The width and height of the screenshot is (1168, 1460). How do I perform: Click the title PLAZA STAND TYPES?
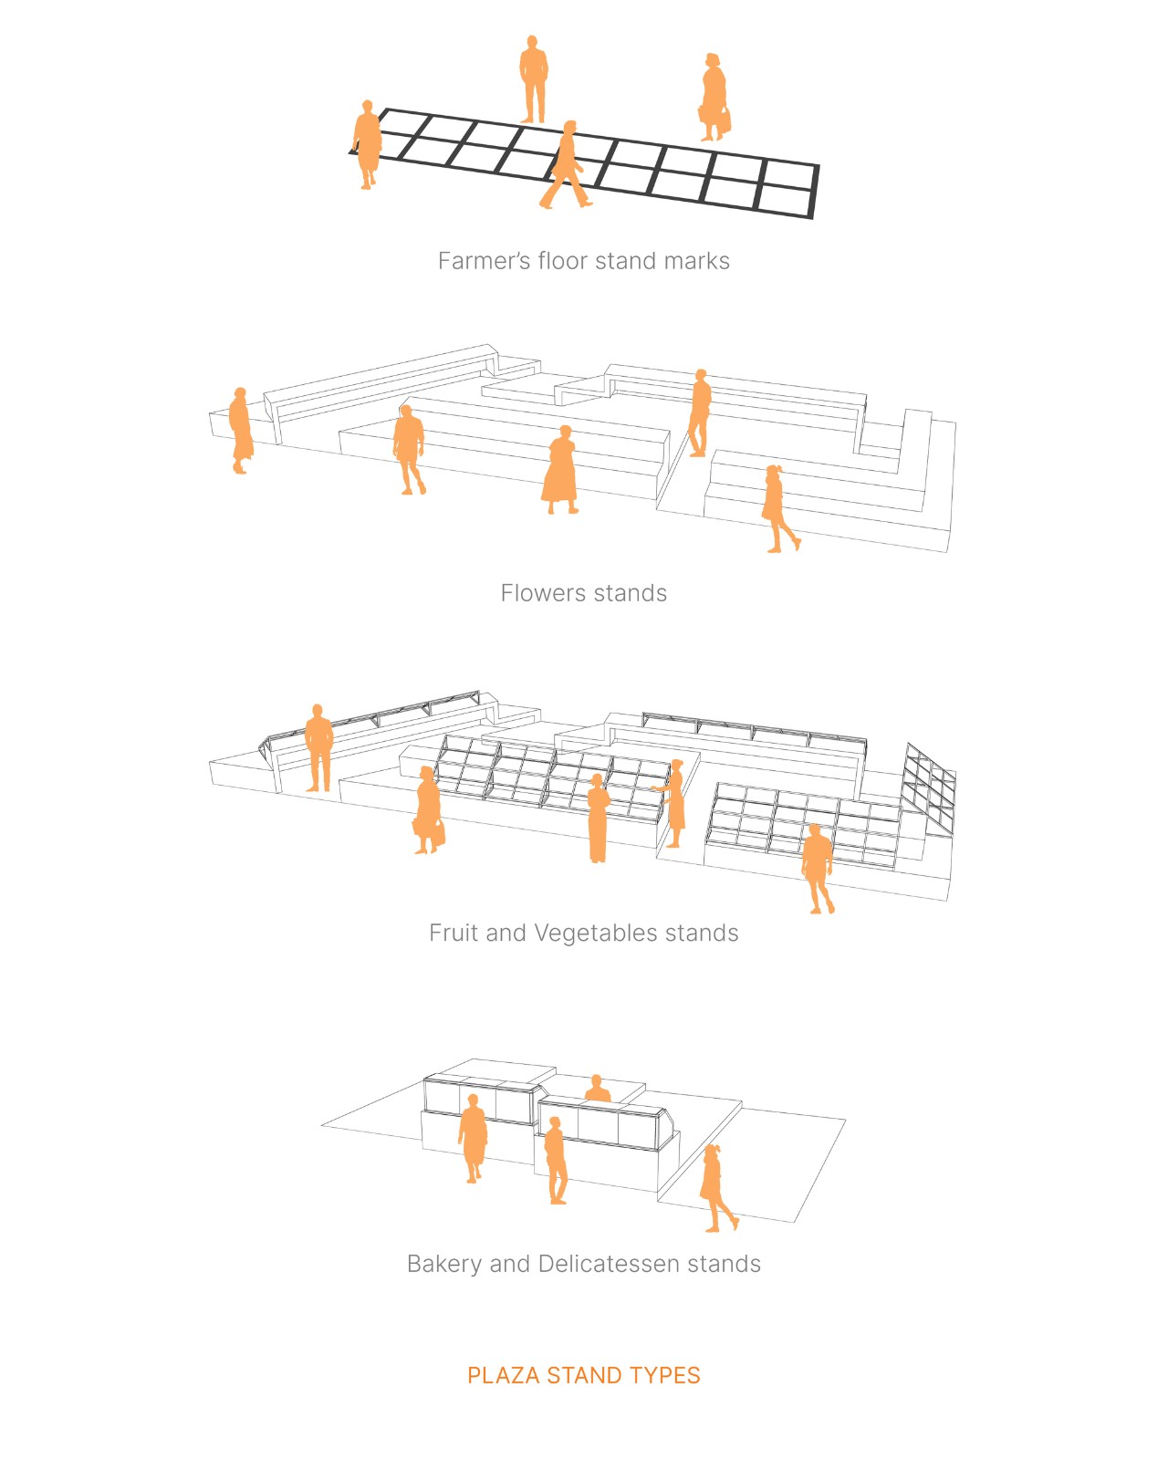(x=583, y=1375)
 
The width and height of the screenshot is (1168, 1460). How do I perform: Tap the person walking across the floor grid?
(x=566, y=166)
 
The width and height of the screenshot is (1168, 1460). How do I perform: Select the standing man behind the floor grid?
(x=533, y=79)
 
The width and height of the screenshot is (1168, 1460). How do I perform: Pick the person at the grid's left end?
(x=368, y=144)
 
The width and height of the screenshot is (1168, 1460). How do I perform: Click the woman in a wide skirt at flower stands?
(x=560, y=471)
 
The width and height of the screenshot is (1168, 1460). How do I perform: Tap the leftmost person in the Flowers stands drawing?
(x=240, y=431)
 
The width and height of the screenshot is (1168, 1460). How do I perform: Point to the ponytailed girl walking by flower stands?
(x=777, y=508)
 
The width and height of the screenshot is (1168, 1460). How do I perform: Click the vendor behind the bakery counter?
(x=598, y=1089)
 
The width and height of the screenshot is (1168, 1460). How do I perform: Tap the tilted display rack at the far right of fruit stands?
(x=928, y=787)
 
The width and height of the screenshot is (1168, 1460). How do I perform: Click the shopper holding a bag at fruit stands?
(x=427, y=810)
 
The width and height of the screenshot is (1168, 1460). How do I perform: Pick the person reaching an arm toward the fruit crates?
(x=673, y=802)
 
